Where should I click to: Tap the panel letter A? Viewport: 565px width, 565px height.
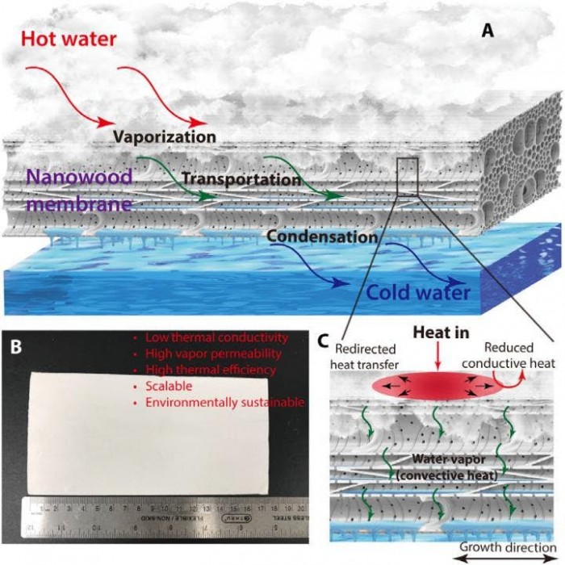pyautogui.click(x=488, y=31)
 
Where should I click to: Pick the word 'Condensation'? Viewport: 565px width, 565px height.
pyautogui.click(x=321, y=237)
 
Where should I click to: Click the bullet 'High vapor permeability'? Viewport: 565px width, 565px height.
pyautogui.click(x=213, y=354)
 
